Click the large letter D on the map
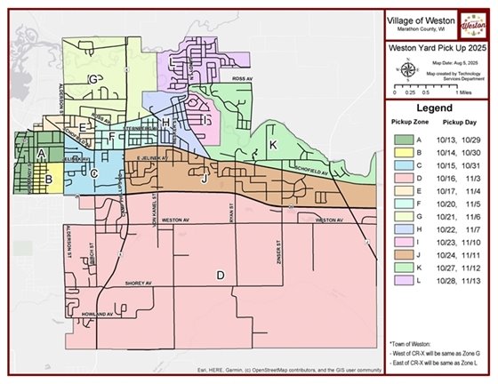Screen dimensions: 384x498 [x=220, y=276]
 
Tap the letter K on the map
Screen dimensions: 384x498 [x=273, y=144]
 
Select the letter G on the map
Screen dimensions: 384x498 [x=92, y=79]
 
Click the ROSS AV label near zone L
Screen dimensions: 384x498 [x=244, y=78]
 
